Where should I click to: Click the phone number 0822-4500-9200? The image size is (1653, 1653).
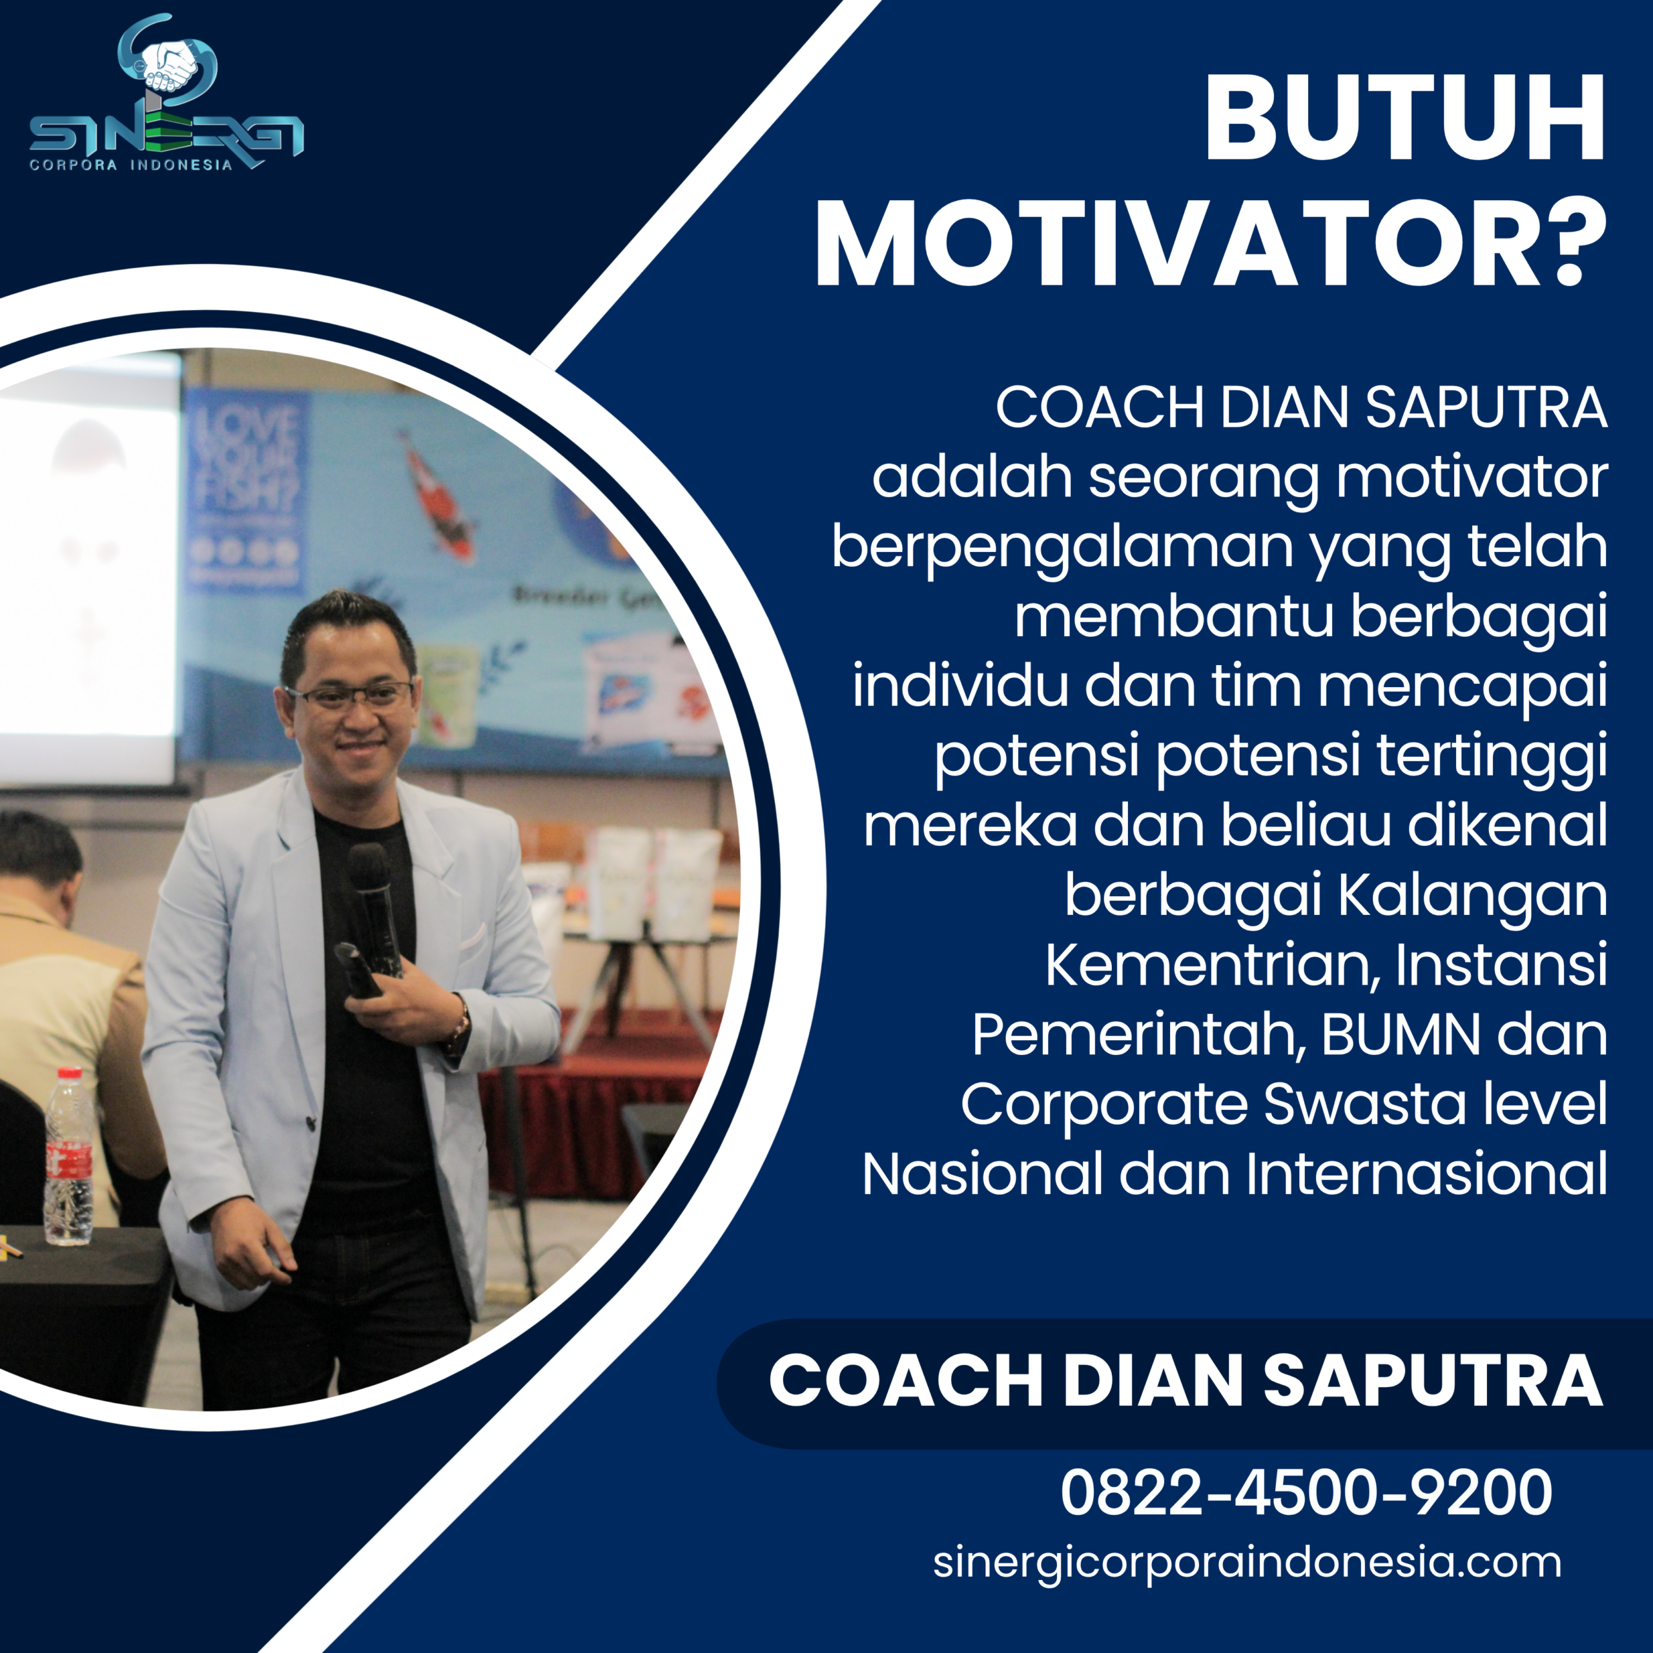click(1306, 1492)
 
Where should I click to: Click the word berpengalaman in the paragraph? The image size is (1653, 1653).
click(1062, 548)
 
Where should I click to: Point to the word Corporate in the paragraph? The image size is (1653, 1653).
click(1104, 1105)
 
